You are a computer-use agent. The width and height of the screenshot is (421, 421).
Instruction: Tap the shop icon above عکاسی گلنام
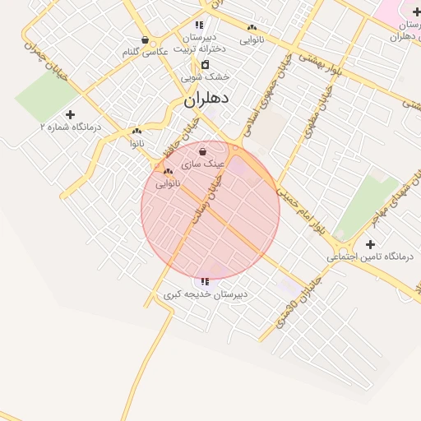pyautogui.click(x=146, y=39)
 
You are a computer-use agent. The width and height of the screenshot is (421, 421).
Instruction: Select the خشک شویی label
pyautogui.click(x=206, y=76)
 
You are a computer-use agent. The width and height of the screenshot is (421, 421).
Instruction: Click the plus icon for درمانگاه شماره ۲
pyautogui.click(x=70, y=115)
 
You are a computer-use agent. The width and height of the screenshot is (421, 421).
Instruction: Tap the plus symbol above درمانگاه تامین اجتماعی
pyautogui.click(x=370, y=244)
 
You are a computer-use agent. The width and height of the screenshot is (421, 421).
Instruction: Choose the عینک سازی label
pyautogui.click(x=202, y=164)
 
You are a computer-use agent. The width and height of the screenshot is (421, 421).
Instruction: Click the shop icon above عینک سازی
pyautogui.click(x=202, y=151)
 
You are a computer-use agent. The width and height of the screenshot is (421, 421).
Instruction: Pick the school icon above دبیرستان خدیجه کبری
pyautogui.click(x=205, y=282)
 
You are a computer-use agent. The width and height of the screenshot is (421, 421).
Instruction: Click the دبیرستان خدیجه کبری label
pyautogui.click(x=205, y=294)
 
